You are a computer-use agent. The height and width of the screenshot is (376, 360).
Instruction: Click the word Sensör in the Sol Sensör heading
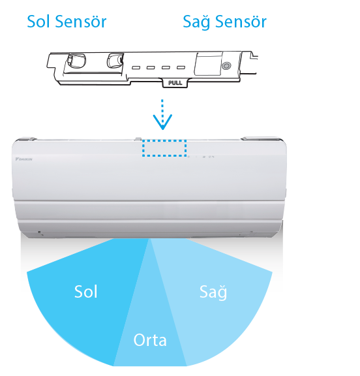click(x=81, y=22)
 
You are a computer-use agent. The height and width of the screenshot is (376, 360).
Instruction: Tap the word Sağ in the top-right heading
click(x=197, y=22)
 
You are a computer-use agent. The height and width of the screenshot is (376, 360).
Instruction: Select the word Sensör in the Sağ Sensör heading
click(x=241, y=22)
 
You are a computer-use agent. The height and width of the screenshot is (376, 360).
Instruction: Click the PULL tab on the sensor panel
click(x=175, y=83)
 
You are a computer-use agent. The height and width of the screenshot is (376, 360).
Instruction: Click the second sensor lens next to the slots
click(x=115, y=60)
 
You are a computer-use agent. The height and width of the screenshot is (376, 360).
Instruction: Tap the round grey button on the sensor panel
click(x=226, y=65)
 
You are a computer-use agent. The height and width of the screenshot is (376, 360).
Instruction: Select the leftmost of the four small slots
click(x=136, y=68)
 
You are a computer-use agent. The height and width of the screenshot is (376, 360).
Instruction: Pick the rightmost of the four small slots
click(x=181, y=68)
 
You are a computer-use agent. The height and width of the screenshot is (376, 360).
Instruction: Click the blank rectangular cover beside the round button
click(x=208, y=64)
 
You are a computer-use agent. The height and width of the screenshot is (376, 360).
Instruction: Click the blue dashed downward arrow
click(x=162, y=114)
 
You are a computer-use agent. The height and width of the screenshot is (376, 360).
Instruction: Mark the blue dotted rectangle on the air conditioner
click(x=164, y=148)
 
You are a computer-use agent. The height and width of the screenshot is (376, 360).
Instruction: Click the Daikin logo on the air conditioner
click(x=23, y=159)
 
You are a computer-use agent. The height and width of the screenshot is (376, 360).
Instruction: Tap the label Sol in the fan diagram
click(x=85, y=292)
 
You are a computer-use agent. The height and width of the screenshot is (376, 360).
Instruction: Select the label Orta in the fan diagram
click(x=150, y=340)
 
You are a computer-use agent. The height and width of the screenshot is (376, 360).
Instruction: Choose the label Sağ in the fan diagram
click(x=213, y=292)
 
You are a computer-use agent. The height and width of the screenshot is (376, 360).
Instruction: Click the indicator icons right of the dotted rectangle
click(x=202, y=157)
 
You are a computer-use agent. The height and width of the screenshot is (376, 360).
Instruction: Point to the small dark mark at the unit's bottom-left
click(x=40, y=232)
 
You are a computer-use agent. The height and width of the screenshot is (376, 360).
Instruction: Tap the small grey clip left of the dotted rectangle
click(x=138, y=139)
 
